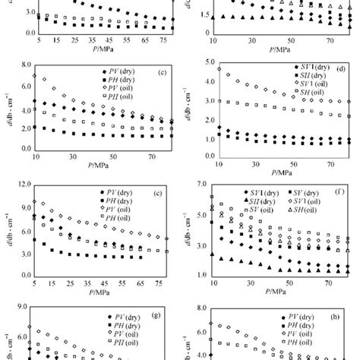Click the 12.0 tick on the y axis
(15, 184)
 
